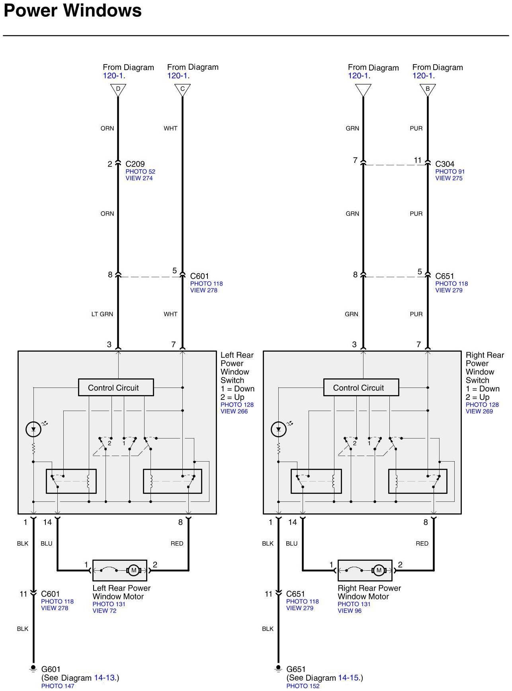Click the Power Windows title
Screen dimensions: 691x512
(x=72, y=10)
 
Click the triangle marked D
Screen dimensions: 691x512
(x=118, y=90)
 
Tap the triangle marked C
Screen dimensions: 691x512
(x=182, y=90)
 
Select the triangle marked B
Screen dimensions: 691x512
(x=428, y=90)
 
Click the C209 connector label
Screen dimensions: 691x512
(x=135, y=164)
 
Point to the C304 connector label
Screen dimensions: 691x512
(x=445, y=164)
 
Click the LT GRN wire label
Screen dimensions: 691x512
(x=102, y=314)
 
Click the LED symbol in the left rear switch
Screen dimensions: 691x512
(x=33, y=429)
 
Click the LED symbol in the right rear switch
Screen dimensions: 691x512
(x=279, y=429)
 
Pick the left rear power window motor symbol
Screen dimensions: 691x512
(x=133, y=570)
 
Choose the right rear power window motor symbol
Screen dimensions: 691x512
(x=379, y=570)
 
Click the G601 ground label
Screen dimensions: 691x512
(x=51, y=669)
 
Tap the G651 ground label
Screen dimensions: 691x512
(x=296, y=669)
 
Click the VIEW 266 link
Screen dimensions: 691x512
(x=234, y=411)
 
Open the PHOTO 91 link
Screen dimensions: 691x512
(x=450, y=172)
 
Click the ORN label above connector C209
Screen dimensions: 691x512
(x=107, y=128)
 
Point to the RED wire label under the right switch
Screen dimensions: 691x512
(x=422, y=544)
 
